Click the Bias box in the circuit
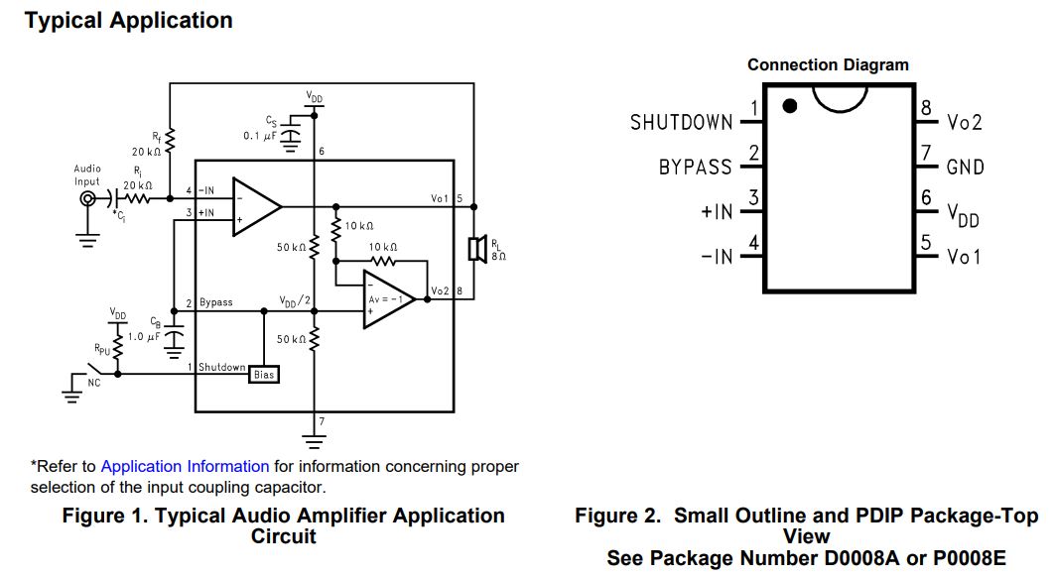pos(264,375)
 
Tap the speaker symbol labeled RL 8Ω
pos(475,247)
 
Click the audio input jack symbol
pos(87,199)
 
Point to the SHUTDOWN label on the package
pos(682,122)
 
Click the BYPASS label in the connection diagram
pos(696,168)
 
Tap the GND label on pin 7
pos(966,168)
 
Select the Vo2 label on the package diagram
pos(965,122)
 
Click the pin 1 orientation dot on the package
pos(790,106)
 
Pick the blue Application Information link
pos(185,466)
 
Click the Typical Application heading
pos(129,21)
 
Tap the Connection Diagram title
pos(828,65)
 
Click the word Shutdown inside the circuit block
pos(221,367)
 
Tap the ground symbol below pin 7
pos(314,437)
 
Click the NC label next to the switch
pos(95,383)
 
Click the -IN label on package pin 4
pos(717,257)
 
